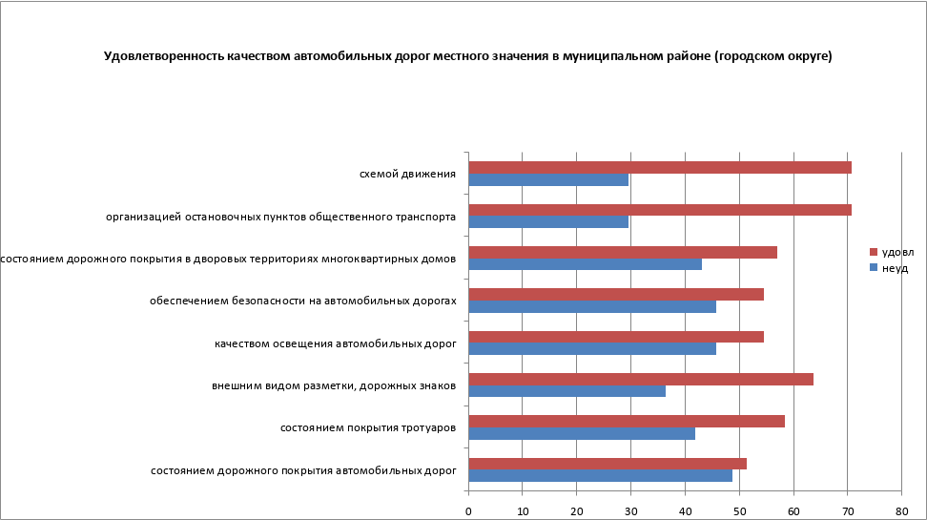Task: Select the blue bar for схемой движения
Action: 548,179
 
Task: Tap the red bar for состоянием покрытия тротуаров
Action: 627,422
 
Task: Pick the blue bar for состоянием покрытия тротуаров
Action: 582,433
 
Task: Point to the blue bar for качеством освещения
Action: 592,348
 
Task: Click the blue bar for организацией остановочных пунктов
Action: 548,221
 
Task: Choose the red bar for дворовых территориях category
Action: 623,252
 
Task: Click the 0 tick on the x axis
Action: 468,511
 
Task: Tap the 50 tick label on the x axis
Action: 739,511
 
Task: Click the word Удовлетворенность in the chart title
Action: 163,57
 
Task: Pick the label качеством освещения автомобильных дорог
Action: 335,343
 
